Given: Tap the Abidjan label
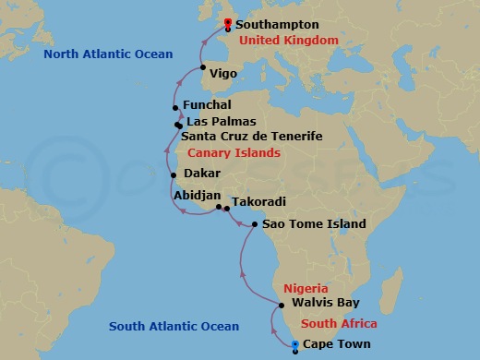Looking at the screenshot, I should (197, 195).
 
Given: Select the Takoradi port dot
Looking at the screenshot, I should (227, 209).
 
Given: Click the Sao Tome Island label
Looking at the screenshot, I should (314, 223).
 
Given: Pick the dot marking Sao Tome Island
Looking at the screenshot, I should (255, 224).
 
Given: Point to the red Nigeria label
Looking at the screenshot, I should (306, 288).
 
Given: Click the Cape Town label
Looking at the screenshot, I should (330, 344).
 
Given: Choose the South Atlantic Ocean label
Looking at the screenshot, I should (174, 326).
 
